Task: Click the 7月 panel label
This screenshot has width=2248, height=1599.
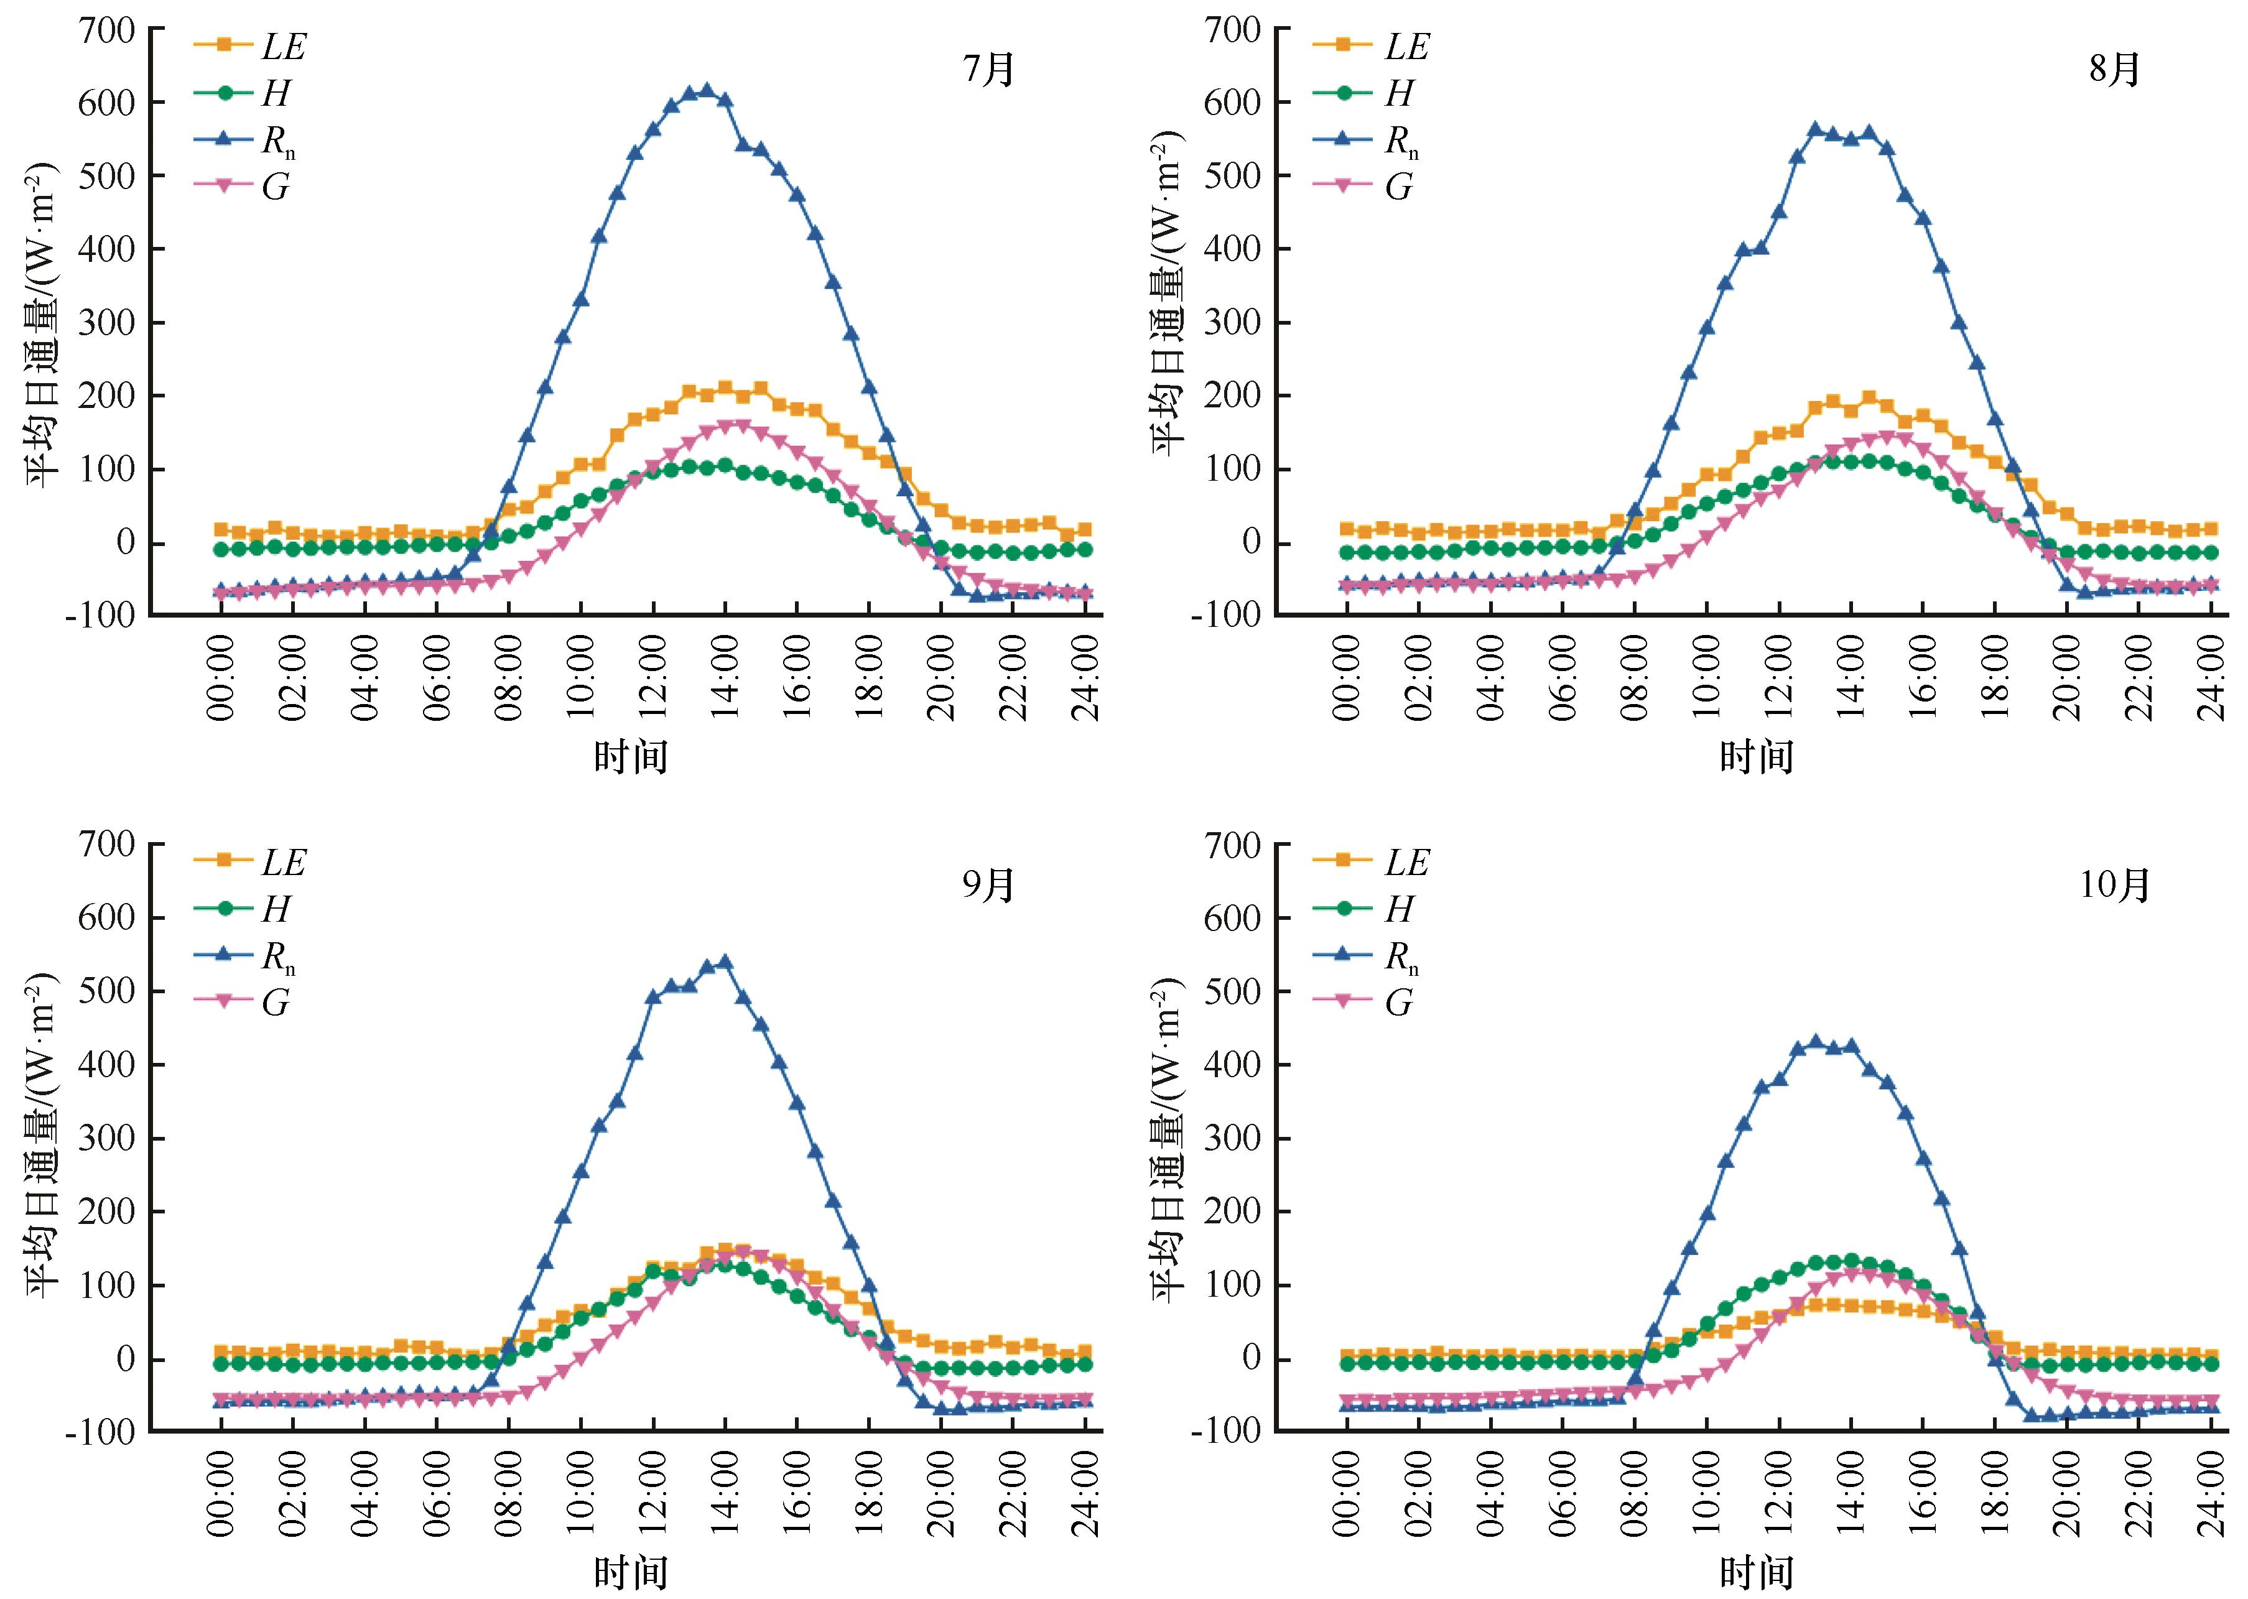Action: pyautogui.click(x=988, y=70)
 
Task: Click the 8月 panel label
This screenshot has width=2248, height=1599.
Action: pyautogui.click(x=2114, y=70)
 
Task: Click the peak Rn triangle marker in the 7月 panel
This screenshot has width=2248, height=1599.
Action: pyautogui.click(x=706, y=91)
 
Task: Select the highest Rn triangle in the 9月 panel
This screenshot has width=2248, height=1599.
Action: pyautogui.click(x=725, y=961)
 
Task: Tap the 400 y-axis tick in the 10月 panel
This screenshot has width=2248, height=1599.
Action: pyautogui.click(x=1232, y=1064)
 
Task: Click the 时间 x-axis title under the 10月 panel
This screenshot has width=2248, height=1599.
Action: pyautogui.click(x=1755, y=1572)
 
